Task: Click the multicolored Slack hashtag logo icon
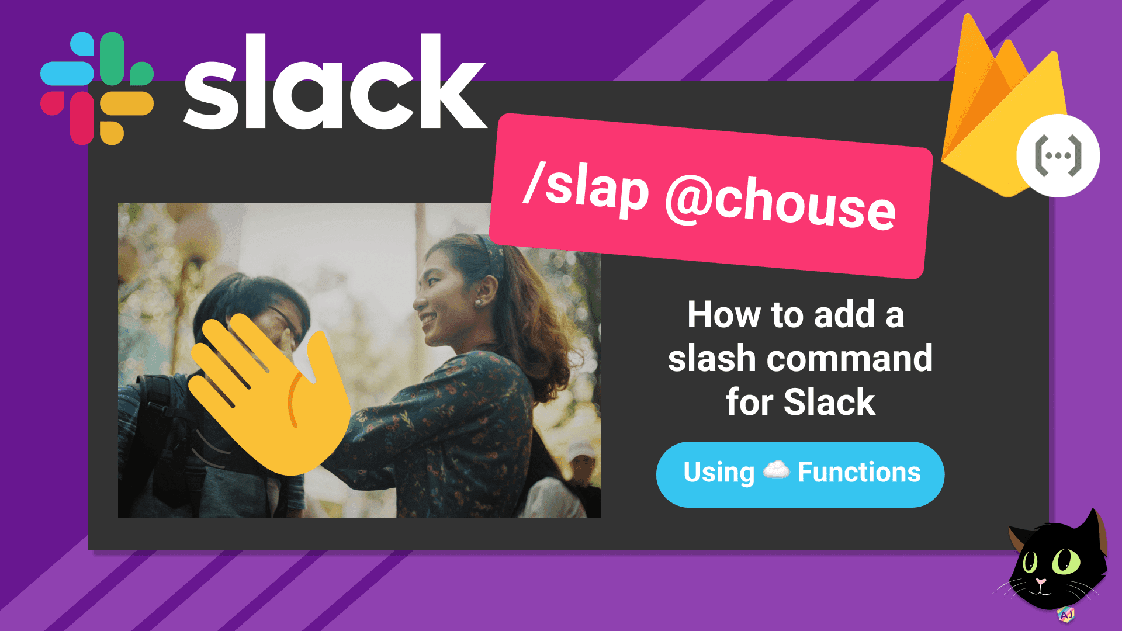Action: click(x=97, y=88)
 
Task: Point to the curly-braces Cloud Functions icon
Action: click(x=1058, y=156)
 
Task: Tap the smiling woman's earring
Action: click(x=478, y=303)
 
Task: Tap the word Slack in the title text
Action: click(x=829, y=403)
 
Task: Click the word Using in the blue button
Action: click(x=719, y=473)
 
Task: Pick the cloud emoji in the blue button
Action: click(x=776, y=470)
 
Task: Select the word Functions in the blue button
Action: click(x=859, y=473)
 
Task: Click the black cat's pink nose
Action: click(x=1041, y=582)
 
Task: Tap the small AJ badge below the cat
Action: click(x=1066, y=614)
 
